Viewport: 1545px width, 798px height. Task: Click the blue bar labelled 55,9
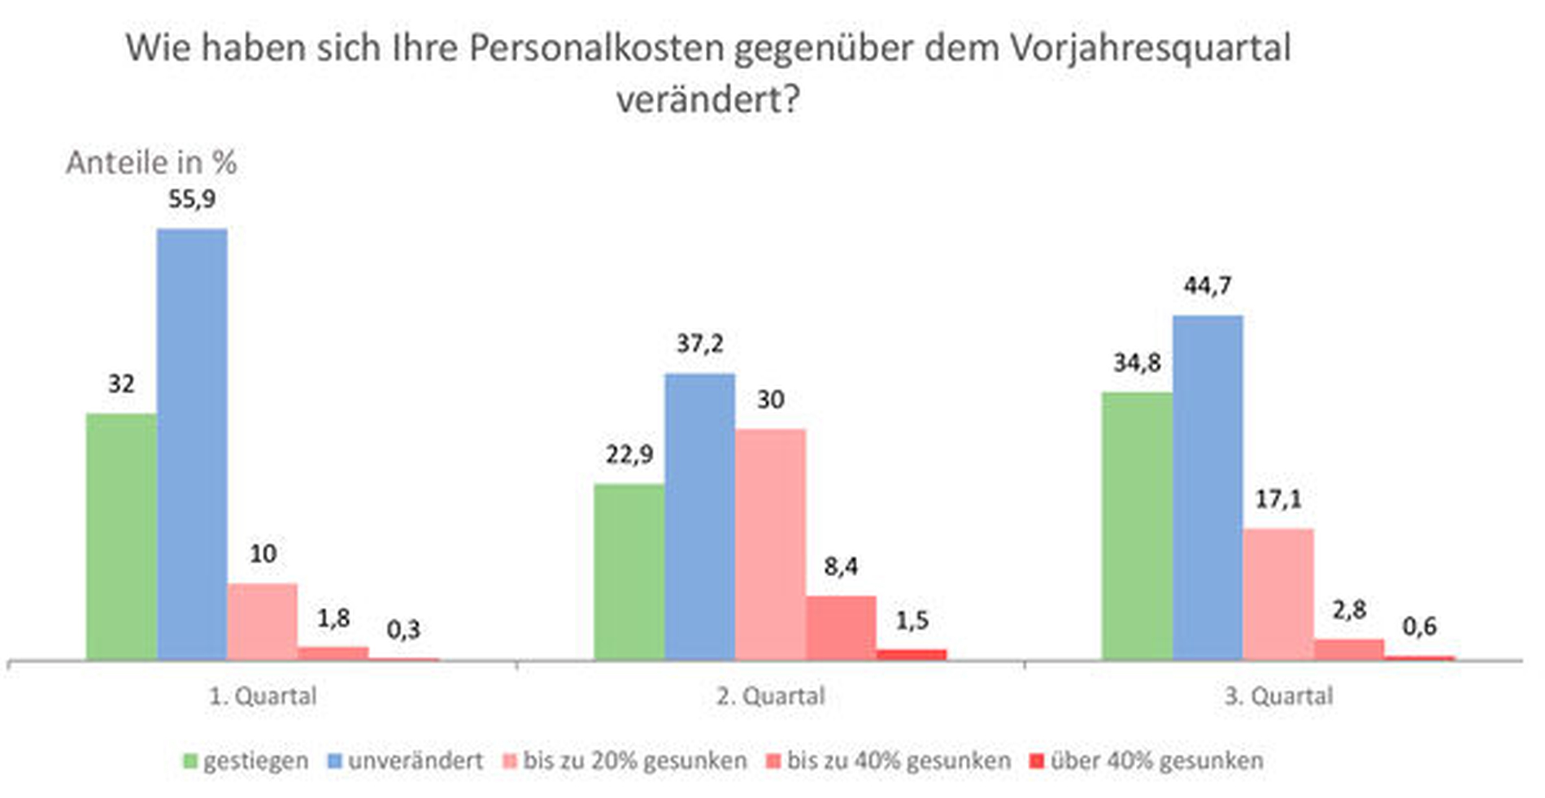click(x=192, y=444)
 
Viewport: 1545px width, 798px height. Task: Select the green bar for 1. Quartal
click(x=121, y=536)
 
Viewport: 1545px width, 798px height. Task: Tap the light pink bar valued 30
click(x=770, y=544)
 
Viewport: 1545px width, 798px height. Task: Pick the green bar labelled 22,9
click(x=629, y=571)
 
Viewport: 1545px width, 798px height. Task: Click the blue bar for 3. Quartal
click(x=1208, y=487)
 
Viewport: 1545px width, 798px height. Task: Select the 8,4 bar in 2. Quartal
click(x=841, y=627)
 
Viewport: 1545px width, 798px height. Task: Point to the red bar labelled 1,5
click(x=912, y=654)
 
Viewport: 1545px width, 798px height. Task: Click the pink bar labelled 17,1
click(x=1278, y=593)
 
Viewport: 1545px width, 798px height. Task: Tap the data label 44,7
click(x=1208, y=286)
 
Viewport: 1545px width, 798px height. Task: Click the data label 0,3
click(x=403, y=630)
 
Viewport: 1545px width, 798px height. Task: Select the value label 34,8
click(x=1137, y=363)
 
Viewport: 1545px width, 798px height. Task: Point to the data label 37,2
click(x=700, y=344)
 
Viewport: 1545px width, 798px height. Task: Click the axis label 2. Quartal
click(x=770, y=696)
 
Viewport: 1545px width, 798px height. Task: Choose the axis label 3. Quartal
click(x=1278, y=696)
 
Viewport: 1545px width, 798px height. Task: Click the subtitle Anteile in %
click(x=151, y=163)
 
